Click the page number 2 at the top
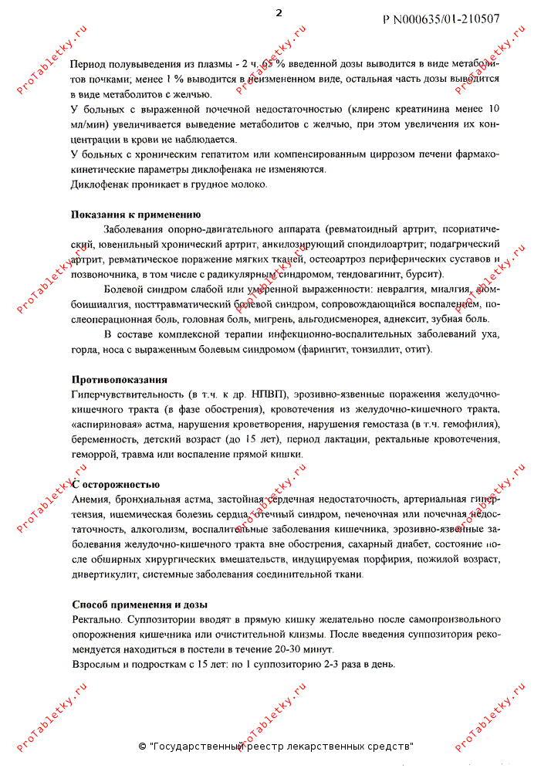279,13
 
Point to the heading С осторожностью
116,484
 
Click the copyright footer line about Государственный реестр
275,747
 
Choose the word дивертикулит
102,574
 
